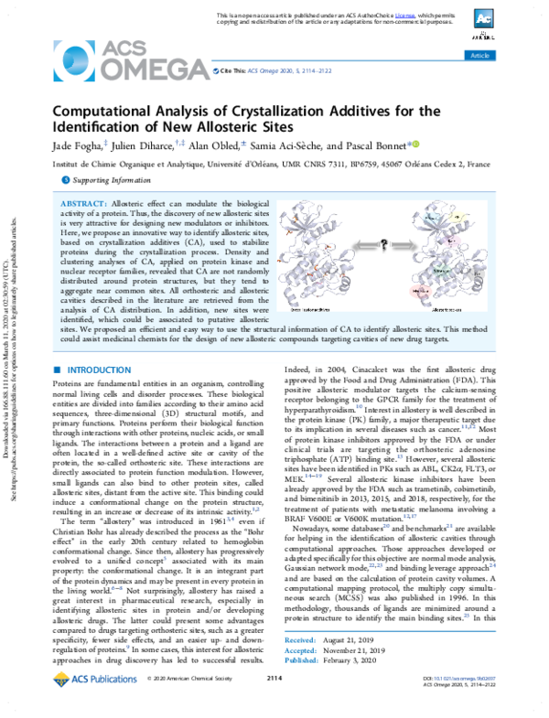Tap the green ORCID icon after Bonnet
point(414,143)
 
